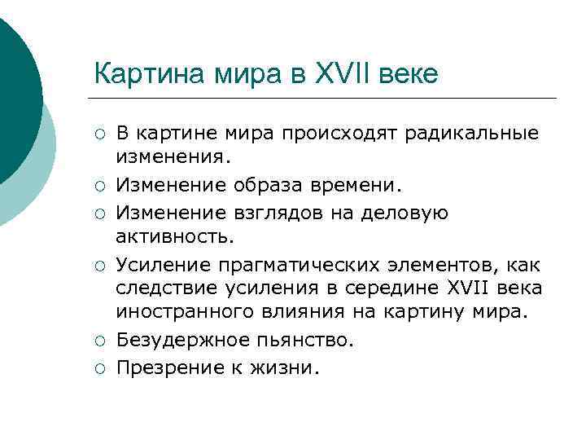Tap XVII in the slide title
point(338,74)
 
